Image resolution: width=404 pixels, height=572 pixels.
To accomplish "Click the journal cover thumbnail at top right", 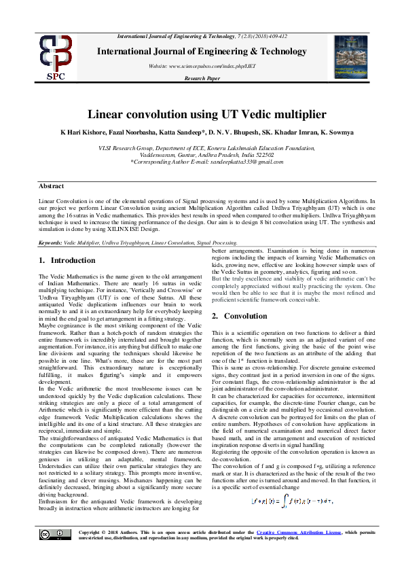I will click(x=352, y=56).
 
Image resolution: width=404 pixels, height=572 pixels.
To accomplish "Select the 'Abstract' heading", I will click(x=51, y=185).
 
